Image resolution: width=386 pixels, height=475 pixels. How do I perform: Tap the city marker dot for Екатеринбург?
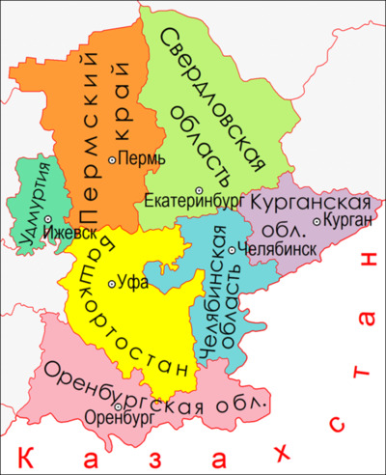coord(198,190)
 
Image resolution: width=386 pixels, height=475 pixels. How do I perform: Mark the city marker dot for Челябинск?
coord(230,248)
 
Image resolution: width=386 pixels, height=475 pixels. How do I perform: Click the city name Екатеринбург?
coord(185,204)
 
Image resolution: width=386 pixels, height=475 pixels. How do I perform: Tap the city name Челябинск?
coord(270,248)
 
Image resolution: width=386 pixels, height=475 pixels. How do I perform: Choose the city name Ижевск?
coord(73,233)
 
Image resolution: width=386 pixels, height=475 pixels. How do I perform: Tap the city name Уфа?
coord(133,284)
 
